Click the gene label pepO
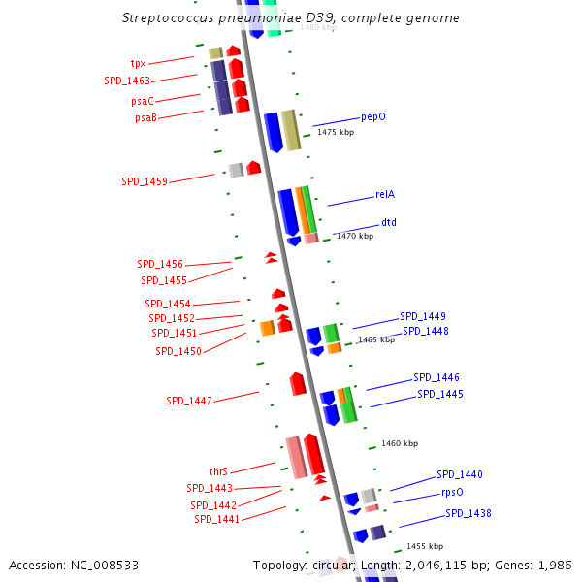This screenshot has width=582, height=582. pos(373,116)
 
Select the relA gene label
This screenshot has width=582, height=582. pos(385,194)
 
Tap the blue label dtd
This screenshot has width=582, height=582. pos(388,222)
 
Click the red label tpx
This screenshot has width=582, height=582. pos(139,63)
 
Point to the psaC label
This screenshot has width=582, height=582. pos(142,100)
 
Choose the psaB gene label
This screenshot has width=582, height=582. pos(145,117)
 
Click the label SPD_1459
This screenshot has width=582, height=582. pos(144,181)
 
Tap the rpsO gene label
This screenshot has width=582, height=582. pos(452,492)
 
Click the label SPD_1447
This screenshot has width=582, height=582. pos(188,401)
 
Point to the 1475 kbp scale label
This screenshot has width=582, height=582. pos(336,132)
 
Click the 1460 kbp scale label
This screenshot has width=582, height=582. pos(400,443)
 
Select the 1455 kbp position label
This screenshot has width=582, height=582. pos(425,546)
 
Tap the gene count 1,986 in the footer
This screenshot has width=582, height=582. pos(554,565)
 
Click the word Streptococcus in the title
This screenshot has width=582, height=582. pos(169,18)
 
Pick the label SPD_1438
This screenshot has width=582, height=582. pos(469,513)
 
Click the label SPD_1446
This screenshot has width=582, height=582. pos(436,377)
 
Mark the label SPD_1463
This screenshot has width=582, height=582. pos(127,81)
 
